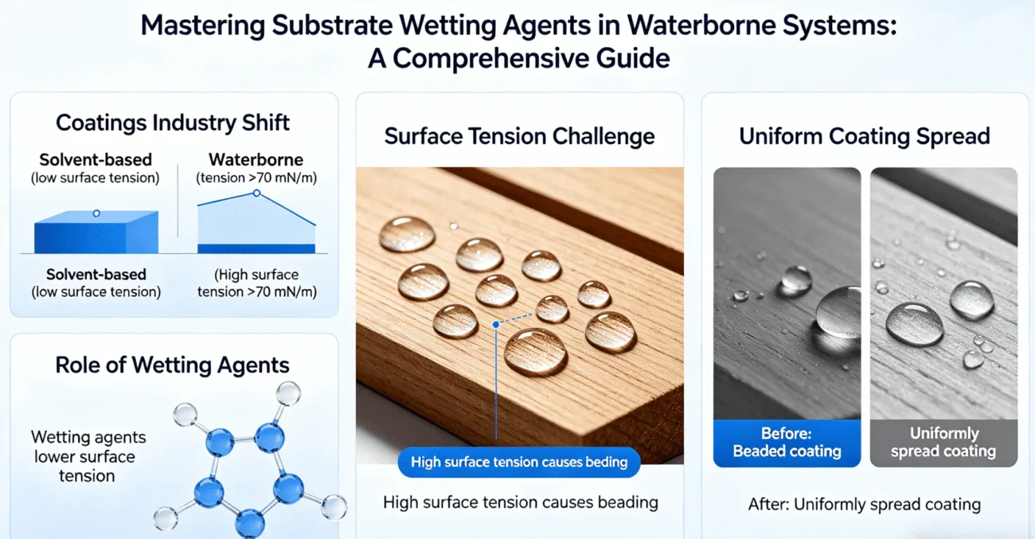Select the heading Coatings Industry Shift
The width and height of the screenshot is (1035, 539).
pyautogui.click(x=173, y=123)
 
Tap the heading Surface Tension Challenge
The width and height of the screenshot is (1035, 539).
pyautogui.click(x=519, y=136)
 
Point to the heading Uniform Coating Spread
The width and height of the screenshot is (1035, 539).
pyautogui.click(x=864, y=136)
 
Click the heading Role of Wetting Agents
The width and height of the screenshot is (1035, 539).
pyautogui.click(x=172, y=365)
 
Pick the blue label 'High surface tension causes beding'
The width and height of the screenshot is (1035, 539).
pyautogui.click(x=518, y=462)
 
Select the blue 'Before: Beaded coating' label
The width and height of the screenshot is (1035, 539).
pyautogui.click(x=787, y=443)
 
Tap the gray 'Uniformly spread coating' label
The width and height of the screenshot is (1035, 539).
pyautogui.click(x=943, y=443)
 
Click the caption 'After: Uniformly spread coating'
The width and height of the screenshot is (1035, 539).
pyautogui.click(x=864, y=504)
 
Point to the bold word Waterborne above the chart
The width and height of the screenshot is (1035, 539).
pyautogui.click(x=256, y=160)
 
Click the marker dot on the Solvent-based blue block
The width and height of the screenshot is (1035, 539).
pyautogui.click(x=96, y=213)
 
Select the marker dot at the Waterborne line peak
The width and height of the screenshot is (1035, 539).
pyautogui.click(x=256, y=193)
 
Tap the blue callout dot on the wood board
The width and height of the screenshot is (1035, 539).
pyautogui.click(x=496, y=325)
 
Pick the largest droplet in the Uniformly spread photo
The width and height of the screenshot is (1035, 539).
pyautogui.click(x=914, y=322)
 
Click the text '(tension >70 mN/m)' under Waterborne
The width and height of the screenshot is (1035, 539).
pyautogui.click(x=256, y=178)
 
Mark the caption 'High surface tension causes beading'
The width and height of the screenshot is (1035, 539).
pyautogui.click(x=520, y=502)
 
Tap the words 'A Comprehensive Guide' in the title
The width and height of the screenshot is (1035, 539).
pyautogui.click(x=518, y=59)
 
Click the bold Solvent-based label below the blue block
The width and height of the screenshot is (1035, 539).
pyautogui.click(x=96, y=275)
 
